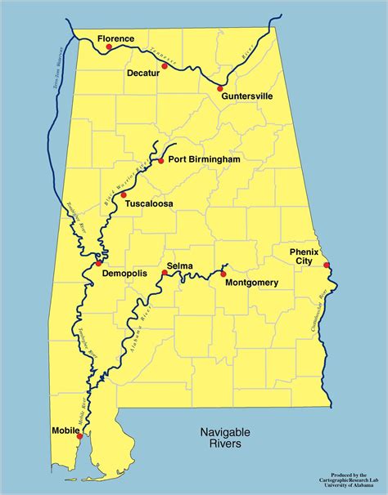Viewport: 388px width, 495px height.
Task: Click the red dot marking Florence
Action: [x=108, y=47]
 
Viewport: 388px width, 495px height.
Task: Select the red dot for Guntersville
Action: [x=220, y=87]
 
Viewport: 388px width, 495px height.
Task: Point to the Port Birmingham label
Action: [x=204, y=160]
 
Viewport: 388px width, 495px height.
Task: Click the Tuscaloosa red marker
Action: [x=124, y=195]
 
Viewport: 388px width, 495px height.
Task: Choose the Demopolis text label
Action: [x=125, y=274]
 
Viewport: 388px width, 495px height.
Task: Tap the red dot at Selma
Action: [x=165, y=274]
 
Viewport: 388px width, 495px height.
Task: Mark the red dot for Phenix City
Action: [x=326, y=265]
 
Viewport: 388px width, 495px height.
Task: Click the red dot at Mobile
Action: [x=79, y=436]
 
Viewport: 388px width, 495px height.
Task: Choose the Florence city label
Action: [x=115, y=38]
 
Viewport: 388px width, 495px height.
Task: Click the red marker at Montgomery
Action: [x=223, y=274]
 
